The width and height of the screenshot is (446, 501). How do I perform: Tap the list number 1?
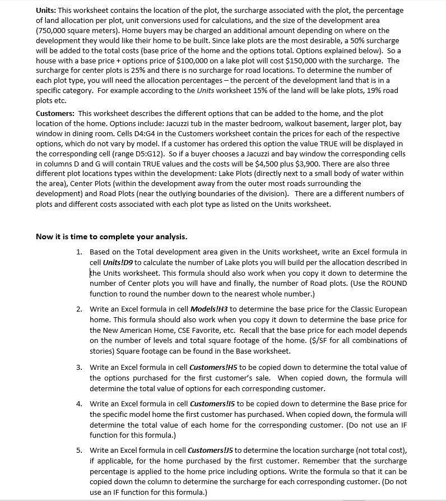pyautogui.click(x=80, y=252)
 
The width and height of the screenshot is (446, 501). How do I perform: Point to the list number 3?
pyautogui.click(x=80, y=368)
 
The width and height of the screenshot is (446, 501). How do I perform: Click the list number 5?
pyautogui.click(x=80, y=450)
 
